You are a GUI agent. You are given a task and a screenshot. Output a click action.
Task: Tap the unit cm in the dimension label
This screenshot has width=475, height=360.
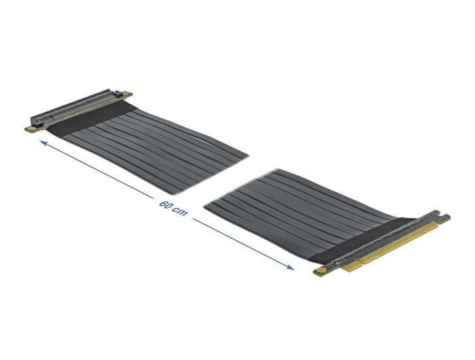tap(178, 212)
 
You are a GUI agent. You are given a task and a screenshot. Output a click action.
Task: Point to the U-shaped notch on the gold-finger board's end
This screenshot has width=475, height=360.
tap(443, 218)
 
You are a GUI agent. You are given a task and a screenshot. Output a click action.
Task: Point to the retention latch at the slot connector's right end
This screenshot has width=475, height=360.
tap(119, 92)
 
